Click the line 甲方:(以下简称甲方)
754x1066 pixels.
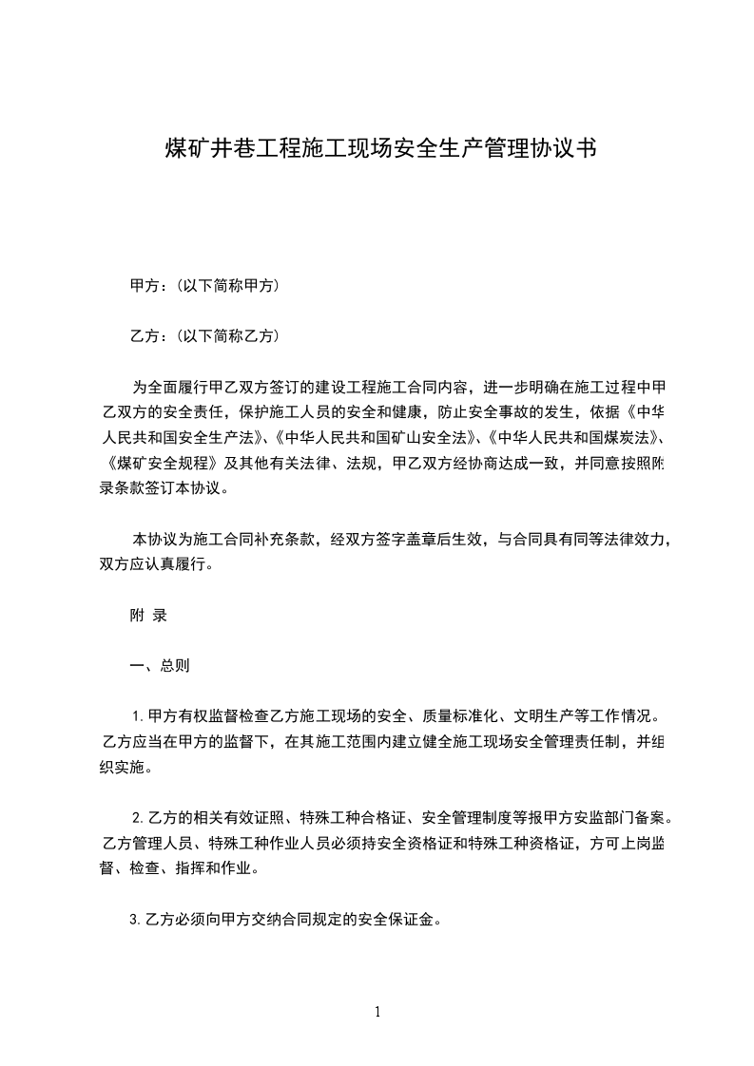203,285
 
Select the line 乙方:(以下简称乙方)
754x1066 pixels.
203,335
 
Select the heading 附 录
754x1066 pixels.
148,615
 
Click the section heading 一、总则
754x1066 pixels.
160,665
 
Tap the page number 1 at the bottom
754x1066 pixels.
377,1012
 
